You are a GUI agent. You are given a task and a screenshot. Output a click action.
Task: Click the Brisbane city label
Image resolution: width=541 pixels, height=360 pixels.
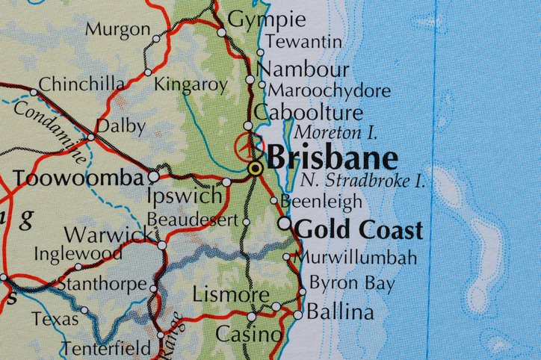[332, 158]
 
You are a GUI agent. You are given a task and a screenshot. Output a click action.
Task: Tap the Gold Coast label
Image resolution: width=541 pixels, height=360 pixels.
[359, 229]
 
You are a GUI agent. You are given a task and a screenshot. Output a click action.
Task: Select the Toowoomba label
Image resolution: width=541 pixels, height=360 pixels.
[78, 179]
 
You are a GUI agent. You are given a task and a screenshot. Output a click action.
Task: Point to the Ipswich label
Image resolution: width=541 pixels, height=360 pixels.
[185, 196]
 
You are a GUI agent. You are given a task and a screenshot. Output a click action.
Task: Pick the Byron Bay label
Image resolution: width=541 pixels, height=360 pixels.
[352, 282]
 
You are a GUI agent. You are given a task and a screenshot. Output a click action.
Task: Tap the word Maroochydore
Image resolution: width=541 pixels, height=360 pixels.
[329, 91]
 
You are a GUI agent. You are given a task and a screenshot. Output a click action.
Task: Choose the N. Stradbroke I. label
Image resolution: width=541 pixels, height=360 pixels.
[362, 181]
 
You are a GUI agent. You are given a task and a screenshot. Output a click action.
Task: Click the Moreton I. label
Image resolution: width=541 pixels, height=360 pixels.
[336, 133]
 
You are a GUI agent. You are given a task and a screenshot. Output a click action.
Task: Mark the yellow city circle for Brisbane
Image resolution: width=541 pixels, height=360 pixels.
[256, 168]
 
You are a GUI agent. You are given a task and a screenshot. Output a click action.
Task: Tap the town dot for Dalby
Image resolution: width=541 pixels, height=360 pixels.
[91, 137]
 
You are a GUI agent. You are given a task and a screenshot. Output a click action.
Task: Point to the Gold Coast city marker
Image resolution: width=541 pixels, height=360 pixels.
[284, 223]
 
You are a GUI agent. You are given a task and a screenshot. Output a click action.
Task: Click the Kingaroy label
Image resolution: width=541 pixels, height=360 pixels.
[190, 84]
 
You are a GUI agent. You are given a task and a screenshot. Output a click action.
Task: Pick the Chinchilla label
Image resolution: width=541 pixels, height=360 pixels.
[81, 84]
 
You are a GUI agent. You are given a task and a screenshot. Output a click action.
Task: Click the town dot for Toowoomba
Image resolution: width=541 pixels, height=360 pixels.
[153, 176]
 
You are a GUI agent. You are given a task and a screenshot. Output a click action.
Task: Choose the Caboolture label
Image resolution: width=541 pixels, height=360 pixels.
[308, 113]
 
